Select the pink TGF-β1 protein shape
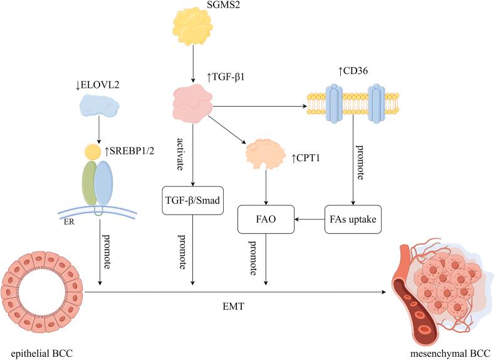[192, 102]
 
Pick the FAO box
[266, 219]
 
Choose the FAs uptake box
[353, 219]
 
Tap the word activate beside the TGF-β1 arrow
[170, 152]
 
